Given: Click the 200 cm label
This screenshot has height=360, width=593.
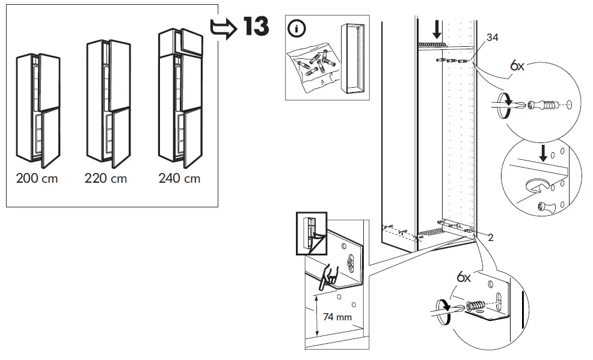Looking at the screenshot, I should tap(37, 178).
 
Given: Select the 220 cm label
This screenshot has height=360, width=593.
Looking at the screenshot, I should tap(106, 178).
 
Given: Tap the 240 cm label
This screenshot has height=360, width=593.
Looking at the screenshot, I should tap(179, 178).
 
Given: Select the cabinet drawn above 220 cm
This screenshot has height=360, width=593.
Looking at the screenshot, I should tap(108, 103).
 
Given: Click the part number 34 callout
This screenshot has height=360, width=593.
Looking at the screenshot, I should tap(492, 37).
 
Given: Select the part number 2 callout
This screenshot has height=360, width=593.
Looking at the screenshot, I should tap(491, 237).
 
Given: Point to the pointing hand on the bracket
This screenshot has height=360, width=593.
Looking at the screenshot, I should tap(330, 276).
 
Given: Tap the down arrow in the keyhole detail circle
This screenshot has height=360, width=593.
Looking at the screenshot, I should tap(543, 153).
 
